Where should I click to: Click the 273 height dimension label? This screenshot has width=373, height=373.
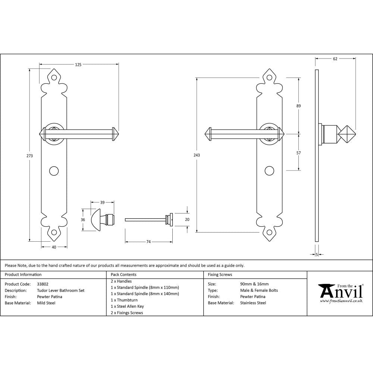tap(30, 156)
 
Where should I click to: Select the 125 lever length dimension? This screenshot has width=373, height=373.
tap(78, 65)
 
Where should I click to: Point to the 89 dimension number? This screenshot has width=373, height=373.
tap(298, 106)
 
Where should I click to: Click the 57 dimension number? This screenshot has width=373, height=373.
tap(298, 153)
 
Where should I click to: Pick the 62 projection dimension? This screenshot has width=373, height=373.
tap(335, 59)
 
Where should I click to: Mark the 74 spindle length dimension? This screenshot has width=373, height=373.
tap(148, 242)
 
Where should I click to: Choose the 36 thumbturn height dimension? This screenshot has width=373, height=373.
tap(83, 220)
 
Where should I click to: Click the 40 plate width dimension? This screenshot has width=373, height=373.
tap(54, 247)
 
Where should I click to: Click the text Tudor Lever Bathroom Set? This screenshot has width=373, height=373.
tap(61, 291)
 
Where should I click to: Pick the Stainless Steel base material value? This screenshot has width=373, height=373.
tap(253, 303)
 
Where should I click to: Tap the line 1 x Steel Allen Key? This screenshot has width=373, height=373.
tap(127, 306)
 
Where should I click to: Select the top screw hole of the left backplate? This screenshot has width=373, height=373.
tap(54, 78)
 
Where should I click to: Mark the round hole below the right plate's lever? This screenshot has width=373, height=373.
tap(269, 170)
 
